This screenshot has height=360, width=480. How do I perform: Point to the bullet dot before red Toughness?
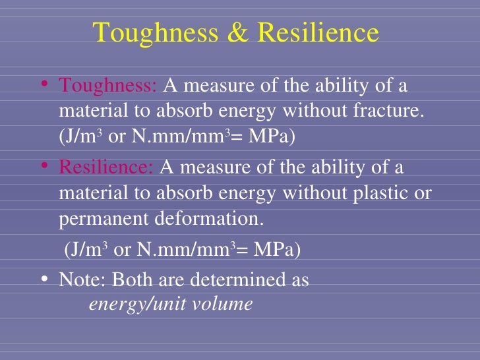coord(44,84)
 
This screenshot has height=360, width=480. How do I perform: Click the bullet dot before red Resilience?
coord(44,166)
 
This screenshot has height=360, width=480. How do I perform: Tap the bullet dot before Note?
coord(44,279)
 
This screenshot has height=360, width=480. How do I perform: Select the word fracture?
coord(390,113)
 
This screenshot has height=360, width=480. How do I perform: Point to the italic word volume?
coord(227,305)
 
